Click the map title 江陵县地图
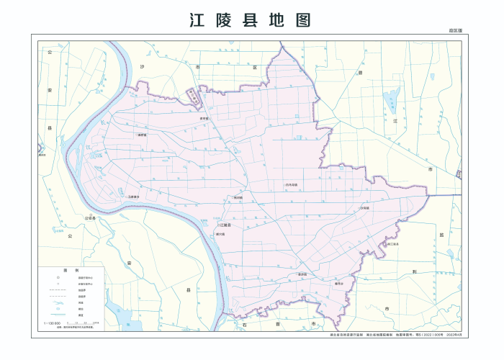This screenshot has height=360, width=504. click(x=251, y=19)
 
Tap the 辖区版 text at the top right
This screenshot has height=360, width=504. click(x=454, y=31)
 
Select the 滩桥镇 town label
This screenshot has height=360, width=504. click(x=142, y=135)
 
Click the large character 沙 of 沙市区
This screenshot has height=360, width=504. click(x=143, y=66)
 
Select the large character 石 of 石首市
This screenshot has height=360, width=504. click(x=246, y=325)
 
